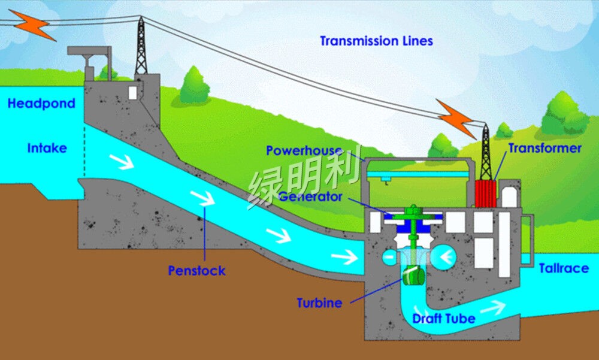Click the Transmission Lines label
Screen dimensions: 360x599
376,41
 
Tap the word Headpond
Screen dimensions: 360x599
41,104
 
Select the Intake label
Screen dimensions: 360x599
47,148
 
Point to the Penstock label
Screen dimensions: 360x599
196,271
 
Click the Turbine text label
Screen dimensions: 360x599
320,303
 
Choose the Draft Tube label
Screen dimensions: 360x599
444,318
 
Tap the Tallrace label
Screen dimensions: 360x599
564,268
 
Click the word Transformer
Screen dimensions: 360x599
544,148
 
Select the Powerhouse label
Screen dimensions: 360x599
304,150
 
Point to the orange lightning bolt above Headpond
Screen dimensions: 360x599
32,23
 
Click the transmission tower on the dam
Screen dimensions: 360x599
141,46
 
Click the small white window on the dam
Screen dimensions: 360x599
132,92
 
